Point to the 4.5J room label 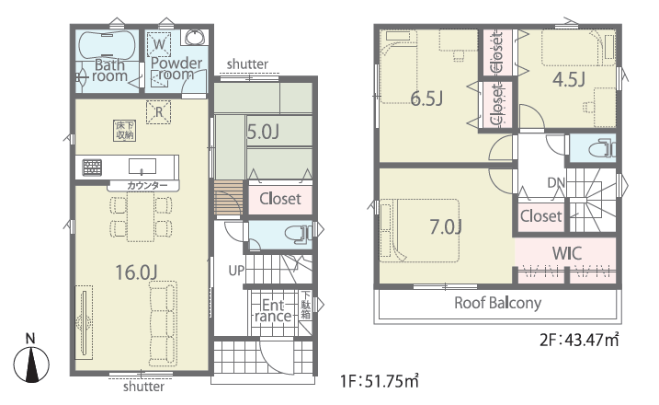tap(569, 79)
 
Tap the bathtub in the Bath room tap(108, 47)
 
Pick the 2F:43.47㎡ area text tap(580, 340)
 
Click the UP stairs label tap(236, 271)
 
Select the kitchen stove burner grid tap(92, 168)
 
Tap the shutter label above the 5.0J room tap(247, 64)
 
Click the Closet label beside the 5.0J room tap(279, 198)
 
